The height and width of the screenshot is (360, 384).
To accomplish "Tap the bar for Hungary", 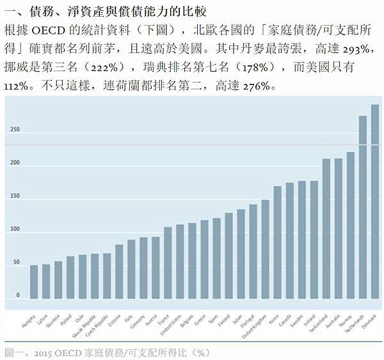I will click(x=34, y=282).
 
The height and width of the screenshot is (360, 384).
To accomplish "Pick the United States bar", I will click(x=180, y=262).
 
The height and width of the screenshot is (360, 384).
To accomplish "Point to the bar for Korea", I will click(x=277, y=242).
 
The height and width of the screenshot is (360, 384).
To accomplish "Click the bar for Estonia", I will click(x=119, y=272).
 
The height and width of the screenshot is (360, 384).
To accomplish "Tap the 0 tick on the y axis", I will click(x=18, y=295).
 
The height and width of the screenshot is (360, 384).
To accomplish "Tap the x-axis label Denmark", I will click(x=369, y=321).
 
